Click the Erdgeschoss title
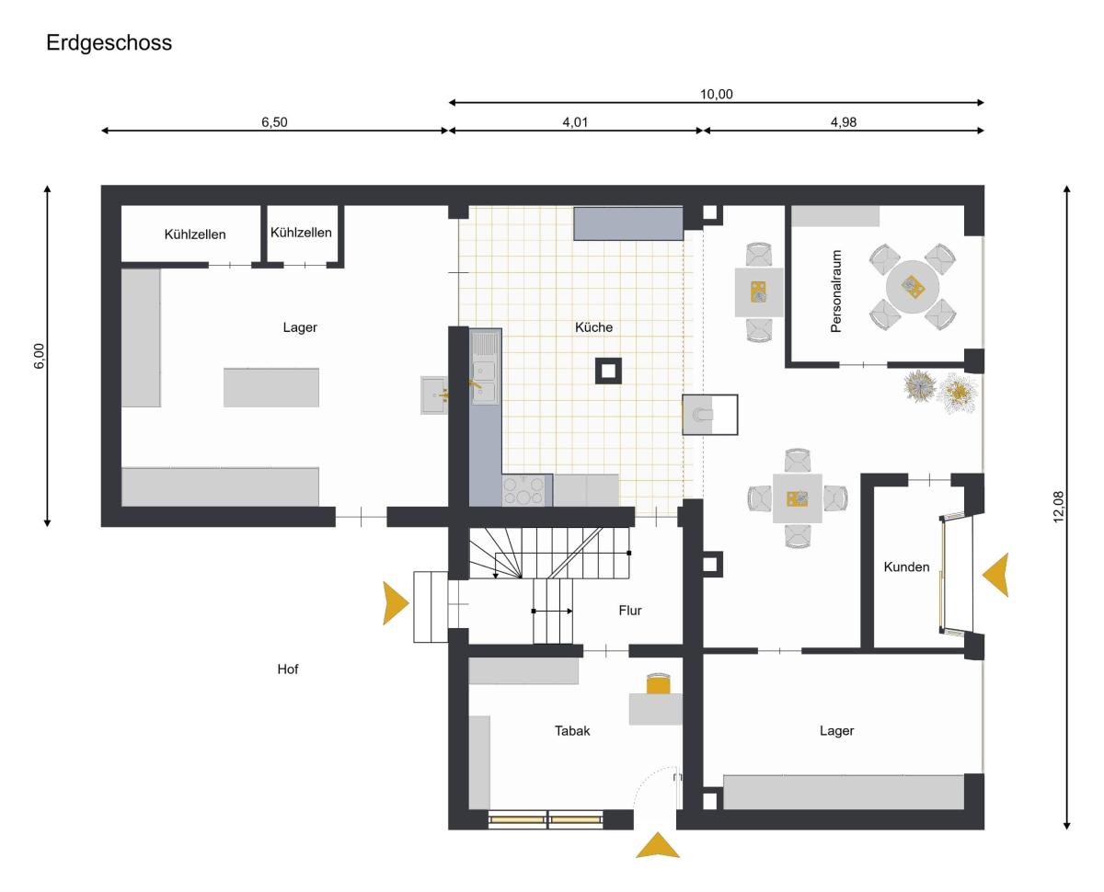pyautogui.click(x=109, y=42)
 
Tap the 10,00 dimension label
pyautogui.click(x=717, y=95)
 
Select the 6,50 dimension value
pyautogui.click(x=274, y=122)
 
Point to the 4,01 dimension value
pyautogui.click(x=575, y=122)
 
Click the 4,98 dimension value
pyautogui.click(x=844, y=122)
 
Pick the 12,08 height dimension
pyautogui.click(x=1058, y=507)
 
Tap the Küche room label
pyautogui.click(x=594, y=327)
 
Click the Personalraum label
pyautogui.click(x=835, y=292)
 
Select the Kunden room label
pyautogui.click(x=906, y=566)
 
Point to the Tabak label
pyautogui.click(x=572, y=731)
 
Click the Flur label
pyautogui.click(x=630, y=611)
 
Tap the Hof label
pyautogui.click(x=288, y=669)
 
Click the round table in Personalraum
pyautogui.click(x=913, y=287)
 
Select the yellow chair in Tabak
pyautogui.click(x=658, y=683)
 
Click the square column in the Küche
pyautogui.click(x=608, y=371)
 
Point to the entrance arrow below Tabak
pyautogui.click(x=658, y=845)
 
